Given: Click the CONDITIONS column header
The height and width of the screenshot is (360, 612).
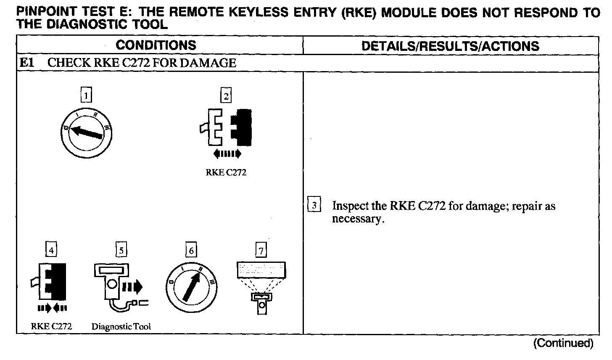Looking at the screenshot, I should pyautogui.click(x=156, y=45).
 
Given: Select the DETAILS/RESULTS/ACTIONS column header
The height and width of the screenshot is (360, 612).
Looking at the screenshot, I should pyautogui.click(x=450, y=46).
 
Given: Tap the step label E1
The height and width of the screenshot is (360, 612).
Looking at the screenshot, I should pyautogui.click(x=26, y=63).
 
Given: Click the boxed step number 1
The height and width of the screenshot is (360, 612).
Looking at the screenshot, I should pyautogui.click(x=86, y=96).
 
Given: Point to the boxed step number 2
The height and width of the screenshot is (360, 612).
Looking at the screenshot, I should pyautogui.click(x=226, y=96).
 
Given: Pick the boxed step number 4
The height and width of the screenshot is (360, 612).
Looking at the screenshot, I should pyautogui.click(x=51, y=250).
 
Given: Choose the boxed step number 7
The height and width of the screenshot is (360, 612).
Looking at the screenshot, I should pyautogui.click(x=261, y=250).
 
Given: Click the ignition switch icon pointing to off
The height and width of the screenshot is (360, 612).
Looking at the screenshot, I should pyautogui.click(x=87, y=133).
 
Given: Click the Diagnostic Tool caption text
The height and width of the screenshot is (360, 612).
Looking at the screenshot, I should pyautogui.click(x=121, y=326).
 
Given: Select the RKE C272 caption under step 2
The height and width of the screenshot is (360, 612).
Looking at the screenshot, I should pyautogui.click(x=226, y=172).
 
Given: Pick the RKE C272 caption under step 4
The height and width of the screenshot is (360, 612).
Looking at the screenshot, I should pyautogui.click(x=51, y=326).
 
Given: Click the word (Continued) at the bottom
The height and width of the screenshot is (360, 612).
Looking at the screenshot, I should pyautogui.click(x=563, y=343).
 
